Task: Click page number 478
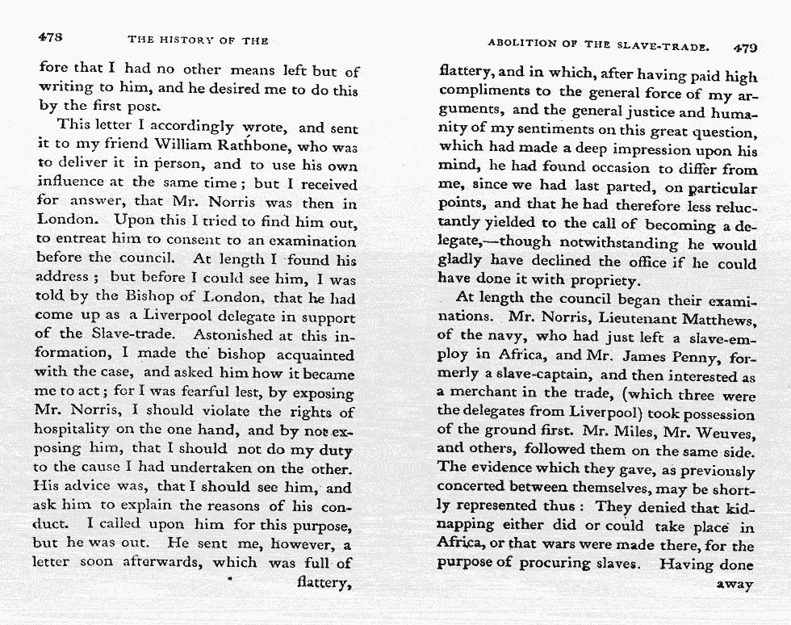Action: click(51, 38)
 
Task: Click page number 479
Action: click(745, 47)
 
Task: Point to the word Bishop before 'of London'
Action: click(144, 298)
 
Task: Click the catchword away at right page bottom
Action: click(736, 585)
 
